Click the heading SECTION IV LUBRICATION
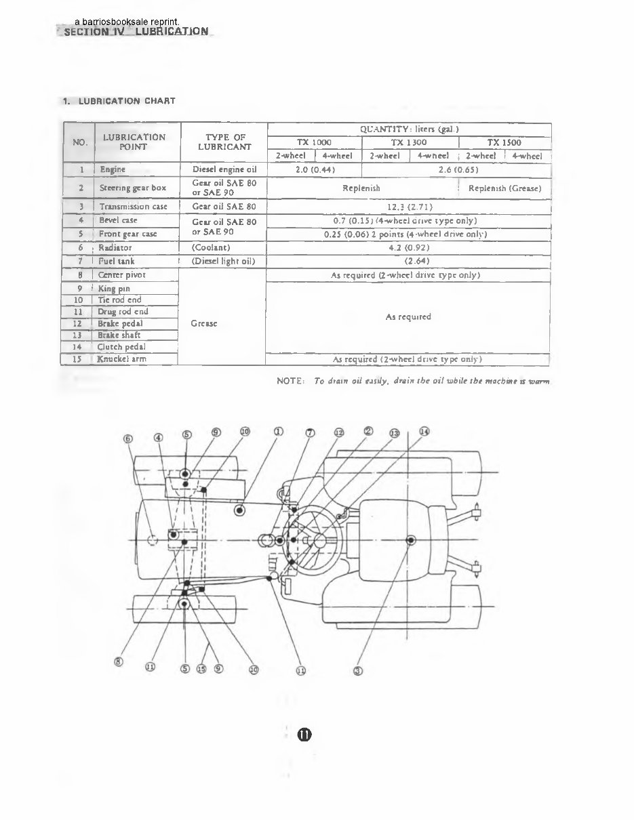click(x=136, y=31)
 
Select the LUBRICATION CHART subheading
click(x=119, y=101)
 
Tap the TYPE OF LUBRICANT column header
click(x=224, y=142)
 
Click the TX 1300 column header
click(x=409, y=143)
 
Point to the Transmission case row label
click(x=133, y=207)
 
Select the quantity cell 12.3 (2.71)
click(x=409, y=207)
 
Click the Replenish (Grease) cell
click(x=504, y=188)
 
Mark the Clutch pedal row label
click(x=121, y=347)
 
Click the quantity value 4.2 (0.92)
click(x=409, y=248)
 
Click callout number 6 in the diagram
click(x=128, y=437)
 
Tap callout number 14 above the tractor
click(x=424, y=431)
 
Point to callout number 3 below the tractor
click(x=358, y=671)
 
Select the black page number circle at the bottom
click(x=304, y=735)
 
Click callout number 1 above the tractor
click(x=278, y=431)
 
